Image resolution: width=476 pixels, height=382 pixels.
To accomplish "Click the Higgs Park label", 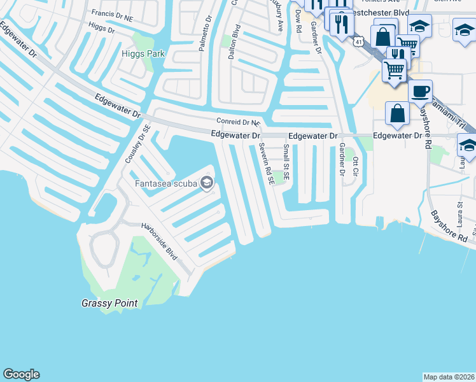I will tap(143, 53).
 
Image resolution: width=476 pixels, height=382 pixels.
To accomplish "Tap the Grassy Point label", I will tap(109, 303).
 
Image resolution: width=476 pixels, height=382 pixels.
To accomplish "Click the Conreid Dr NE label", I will tap(239, 121).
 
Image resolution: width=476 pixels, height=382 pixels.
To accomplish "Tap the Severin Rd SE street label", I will tap(266, 164).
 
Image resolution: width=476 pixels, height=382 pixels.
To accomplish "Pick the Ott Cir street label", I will tap(356, 169).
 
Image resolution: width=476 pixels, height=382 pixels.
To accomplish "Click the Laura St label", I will tap(459, 214).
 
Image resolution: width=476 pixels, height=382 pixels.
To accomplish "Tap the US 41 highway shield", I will tap(360, 39).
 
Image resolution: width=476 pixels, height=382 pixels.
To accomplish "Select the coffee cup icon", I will tap(420, 92).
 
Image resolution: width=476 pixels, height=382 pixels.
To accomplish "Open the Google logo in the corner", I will tap(21, 374).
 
